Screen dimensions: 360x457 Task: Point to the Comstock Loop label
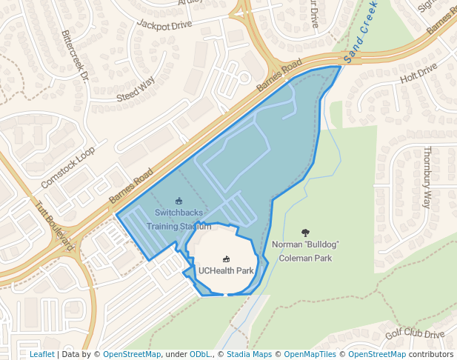tap(68, 167)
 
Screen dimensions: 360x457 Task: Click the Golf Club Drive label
tap(414, 335)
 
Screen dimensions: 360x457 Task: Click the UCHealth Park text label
tap(226, 270)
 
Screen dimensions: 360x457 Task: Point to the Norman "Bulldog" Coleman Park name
tap(305, 251)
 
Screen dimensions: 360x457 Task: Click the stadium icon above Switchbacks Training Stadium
tap(178, 201)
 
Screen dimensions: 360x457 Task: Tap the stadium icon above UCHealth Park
tap(226, 259)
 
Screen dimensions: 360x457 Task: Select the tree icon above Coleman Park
tap(305, 233)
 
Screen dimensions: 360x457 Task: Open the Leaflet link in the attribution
tap(41, 354)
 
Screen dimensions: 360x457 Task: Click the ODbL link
tap(200, 354)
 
